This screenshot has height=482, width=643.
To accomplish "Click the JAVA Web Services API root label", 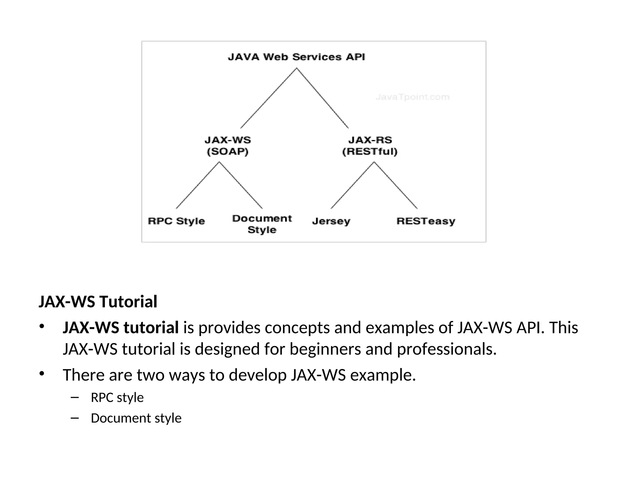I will (x=296, y=57).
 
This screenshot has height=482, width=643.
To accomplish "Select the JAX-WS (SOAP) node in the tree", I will (x=228, y=146).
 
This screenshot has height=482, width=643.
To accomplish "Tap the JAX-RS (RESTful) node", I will (x=370, y=146).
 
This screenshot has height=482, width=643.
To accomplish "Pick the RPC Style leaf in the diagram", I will (x=176, y=221).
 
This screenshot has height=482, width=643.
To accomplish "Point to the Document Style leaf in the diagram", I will (x=262, y=224).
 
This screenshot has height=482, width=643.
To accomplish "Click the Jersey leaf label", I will (x=331, y=221).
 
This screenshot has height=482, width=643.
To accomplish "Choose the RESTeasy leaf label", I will (x=426, y=221).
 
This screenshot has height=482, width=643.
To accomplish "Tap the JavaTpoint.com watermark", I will (x=413, y=97).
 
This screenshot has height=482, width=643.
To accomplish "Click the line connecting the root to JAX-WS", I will (x=268, y=98).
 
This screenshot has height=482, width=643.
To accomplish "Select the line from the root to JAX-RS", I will (x=322, y=98).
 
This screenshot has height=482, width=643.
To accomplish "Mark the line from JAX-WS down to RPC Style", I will (x=197, y=185).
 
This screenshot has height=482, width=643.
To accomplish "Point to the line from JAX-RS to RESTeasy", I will (x=396, y=185).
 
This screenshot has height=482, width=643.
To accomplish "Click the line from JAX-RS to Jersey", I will (x=352, y=185).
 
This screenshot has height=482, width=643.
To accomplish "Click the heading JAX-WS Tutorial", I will (x=98, y=302).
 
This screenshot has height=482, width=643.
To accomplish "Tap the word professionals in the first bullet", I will (x=446, y=349).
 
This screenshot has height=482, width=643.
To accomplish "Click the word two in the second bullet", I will (x=150, y=375).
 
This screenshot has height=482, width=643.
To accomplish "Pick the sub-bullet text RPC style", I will (x=117, y=398).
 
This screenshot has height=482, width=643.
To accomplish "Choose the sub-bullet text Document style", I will (x=136, y=418).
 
